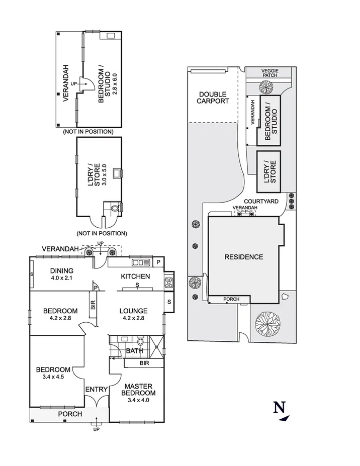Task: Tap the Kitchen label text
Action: tap(135, 276)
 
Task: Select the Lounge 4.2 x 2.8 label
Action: tap(133, 314)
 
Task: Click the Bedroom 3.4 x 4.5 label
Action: tap(53, 374)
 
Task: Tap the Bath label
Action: tap(134, 350)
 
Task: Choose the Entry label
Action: tap(96, 389)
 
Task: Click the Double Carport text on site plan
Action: tap(213, 98)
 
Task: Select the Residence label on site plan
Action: tap(243, 257)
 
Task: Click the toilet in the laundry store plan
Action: tap(114, 207)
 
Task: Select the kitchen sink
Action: tap(137, 262)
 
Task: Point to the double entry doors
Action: tap(96, 402)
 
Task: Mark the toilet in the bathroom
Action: tap(140, 341)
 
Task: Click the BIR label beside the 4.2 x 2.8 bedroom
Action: tap(93, 305)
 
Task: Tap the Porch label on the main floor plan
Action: tap(69, 414)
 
